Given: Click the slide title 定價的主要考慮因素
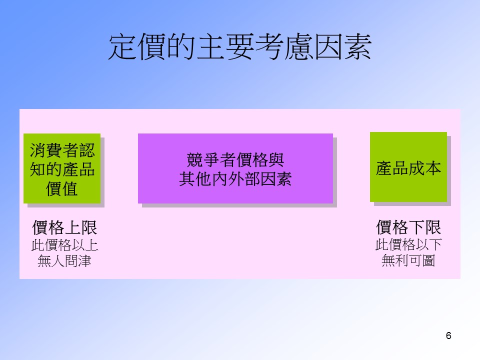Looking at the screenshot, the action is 240,47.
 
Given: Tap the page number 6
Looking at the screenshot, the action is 448,335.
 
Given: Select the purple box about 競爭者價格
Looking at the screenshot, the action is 235,168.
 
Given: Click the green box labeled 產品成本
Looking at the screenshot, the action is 408,167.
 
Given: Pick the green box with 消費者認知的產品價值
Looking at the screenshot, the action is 62,168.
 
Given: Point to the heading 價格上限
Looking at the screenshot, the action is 64,227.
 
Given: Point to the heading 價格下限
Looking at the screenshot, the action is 408,227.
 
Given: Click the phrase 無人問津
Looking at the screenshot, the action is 64,261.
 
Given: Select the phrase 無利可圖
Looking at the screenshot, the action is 408,260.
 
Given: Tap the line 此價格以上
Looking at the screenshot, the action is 64,245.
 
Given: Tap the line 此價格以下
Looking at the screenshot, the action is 408,244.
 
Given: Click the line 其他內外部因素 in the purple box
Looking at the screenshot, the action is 235,179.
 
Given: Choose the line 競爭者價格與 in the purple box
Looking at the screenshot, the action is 235,160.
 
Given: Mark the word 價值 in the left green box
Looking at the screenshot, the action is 62,188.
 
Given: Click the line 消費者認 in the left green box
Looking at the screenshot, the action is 62,150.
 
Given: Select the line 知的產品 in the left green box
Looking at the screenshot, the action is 62,169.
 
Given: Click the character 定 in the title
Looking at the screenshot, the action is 123,47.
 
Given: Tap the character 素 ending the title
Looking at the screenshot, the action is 357,47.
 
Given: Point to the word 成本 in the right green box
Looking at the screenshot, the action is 425,168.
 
